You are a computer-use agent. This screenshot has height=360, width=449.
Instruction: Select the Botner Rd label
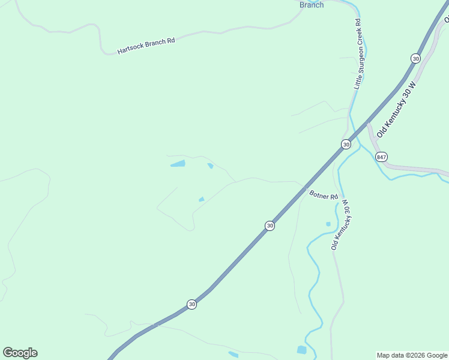pos(324,194)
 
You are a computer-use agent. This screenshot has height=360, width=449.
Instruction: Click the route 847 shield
pos(382,157)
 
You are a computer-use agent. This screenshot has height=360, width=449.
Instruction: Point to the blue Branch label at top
pos(312,5)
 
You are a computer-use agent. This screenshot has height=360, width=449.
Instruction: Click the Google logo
pos(20,353)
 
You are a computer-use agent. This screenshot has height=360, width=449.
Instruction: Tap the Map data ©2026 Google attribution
pos(412,355)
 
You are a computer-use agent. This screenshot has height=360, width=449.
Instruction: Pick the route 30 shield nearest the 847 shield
pos(346,145)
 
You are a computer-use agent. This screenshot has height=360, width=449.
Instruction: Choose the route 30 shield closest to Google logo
pos(191,304)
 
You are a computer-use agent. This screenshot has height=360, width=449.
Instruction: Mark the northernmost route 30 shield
pos(415,58)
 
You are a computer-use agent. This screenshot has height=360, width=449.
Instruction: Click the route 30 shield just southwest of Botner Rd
pos(270,226)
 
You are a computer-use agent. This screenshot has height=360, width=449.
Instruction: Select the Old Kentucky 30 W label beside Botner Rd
pos(340,225)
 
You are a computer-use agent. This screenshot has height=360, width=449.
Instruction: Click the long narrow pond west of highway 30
pos(178,163)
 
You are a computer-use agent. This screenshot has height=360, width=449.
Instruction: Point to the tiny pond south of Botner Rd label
pos(328,224)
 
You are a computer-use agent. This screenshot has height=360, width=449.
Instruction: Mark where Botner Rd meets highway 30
pos(306,188)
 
